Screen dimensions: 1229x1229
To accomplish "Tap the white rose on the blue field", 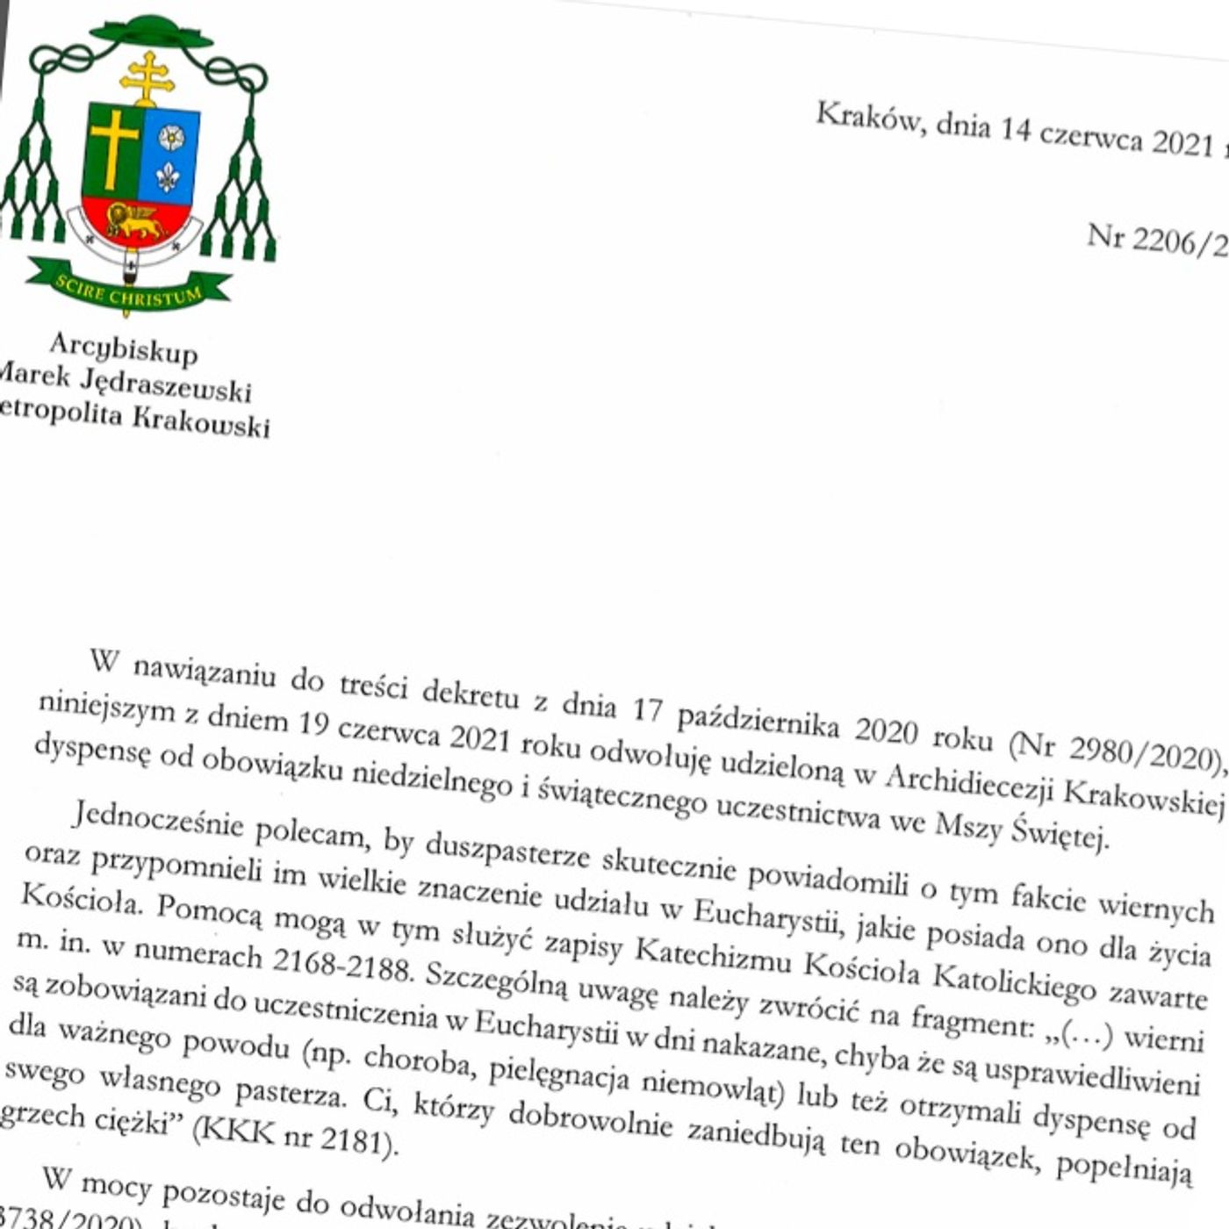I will coord(170,136).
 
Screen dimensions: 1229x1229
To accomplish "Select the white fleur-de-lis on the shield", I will coord(168,177).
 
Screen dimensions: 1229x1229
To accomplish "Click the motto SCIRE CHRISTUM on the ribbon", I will coord(128,290).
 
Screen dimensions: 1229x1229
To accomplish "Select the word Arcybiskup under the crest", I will coord(124,349).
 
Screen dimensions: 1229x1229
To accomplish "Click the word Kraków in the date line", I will coord(869,119).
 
